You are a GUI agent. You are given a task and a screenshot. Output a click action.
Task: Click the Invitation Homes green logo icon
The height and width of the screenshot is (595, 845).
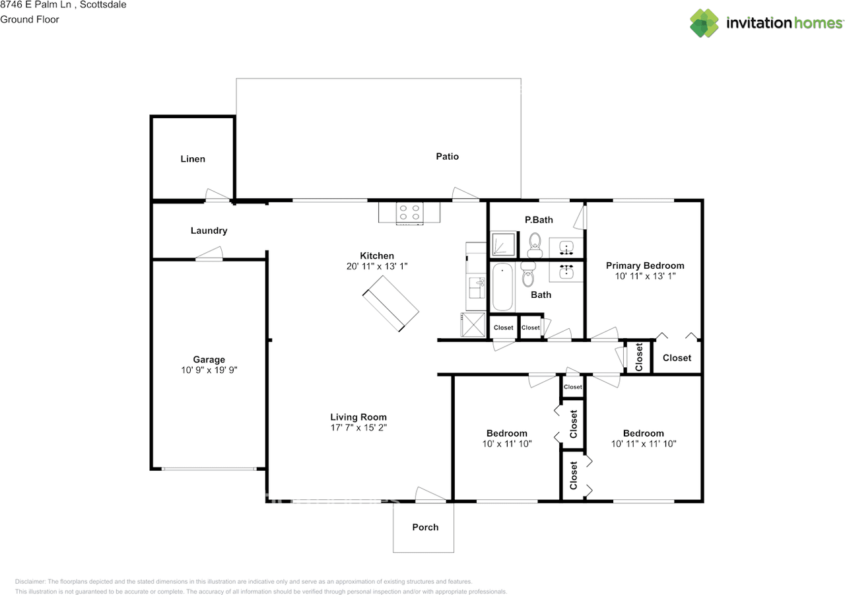(704, 23)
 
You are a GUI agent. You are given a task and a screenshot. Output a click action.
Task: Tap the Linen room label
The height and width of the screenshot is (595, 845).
(193, 159)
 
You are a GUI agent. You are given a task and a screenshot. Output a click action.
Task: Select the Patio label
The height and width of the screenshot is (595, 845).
(448, 157)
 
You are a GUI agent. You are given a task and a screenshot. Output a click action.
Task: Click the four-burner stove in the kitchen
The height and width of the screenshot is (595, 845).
(409, 213)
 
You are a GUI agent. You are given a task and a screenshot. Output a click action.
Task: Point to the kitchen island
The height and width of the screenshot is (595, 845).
(391, 304)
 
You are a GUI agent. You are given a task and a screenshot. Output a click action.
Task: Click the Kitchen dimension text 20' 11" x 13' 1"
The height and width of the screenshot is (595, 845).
(377, 266)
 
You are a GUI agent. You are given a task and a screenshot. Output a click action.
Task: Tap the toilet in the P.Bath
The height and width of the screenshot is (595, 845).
(535, 245)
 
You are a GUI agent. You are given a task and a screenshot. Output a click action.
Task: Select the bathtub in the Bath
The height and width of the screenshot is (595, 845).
(502, 287)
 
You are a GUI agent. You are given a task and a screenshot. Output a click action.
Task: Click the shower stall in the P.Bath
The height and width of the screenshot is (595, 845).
(503, 244)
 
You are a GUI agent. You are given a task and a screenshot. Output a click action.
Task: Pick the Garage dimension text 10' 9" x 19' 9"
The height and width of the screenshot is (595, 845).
(209, 370)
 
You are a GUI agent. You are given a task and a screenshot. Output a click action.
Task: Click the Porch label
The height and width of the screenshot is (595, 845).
(425, 527)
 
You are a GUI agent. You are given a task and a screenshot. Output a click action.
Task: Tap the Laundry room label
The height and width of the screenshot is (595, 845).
(209, 230)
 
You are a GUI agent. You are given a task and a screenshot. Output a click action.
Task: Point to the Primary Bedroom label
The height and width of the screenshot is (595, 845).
(645, 265)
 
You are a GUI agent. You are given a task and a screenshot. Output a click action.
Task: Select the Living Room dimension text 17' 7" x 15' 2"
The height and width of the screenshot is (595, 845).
(358, 427)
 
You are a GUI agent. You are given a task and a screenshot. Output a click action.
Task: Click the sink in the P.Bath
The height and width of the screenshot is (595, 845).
(566, 248)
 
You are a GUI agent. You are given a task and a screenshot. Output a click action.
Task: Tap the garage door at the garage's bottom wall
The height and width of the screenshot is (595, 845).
(209, 469)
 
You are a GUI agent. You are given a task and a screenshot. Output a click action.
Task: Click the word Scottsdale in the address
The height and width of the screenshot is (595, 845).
(103, 5)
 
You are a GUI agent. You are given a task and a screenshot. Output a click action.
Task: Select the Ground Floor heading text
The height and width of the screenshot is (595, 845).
(30, 19)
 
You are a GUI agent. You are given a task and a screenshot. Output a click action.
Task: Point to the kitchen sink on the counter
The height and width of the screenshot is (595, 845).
(477, 288)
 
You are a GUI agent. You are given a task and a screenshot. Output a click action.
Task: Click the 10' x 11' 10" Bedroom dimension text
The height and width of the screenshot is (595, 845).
(506, 444)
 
